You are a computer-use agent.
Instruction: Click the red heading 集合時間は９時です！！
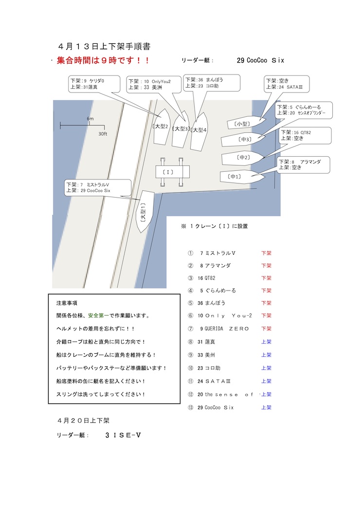point(103,60)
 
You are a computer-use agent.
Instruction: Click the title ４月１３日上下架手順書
point(104,46)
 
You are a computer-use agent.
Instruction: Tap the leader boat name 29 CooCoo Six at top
point(260,60)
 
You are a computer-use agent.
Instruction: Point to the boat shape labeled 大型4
point(199,131)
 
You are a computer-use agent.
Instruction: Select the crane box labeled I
point(172,172)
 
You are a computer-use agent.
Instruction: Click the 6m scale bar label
point(90,119)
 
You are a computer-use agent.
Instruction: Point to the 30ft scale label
point(103,134)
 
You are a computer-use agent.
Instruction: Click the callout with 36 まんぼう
point(212,83)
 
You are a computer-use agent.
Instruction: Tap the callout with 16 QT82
point(305,135)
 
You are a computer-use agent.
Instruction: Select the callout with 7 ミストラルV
point(98,188)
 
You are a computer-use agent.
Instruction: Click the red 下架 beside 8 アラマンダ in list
point(266,266)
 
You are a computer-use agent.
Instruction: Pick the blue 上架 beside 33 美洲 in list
point(266,355)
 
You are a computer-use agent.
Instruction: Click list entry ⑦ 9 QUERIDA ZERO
point(218,328)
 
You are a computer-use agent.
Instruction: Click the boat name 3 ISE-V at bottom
point(123,436)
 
